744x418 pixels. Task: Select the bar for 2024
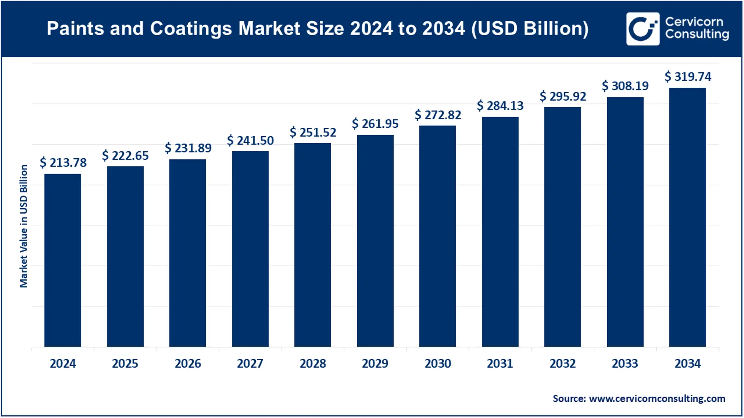(x=62, y=260)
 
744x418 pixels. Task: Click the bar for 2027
(x=250, y=249)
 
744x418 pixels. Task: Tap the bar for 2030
(x=437, y=236)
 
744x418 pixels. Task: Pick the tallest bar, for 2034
(x=687, y=217)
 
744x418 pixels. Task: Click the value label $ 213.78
(x=63, y=163)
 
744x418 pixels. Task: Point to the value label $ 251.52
(x=313, y=132)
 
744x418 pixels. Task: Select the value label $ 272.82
(x=438, y=115)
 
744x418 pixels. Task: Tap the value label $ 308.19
(x=625, y=86)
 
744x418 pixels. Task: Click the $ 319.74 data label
(x=688, y=77)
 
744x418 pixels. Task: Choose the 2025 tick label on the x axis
(x=125, y=364)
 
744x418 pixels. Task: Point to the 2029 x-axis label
(x=375, y=364)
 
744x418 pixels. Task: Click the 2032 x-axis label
(x=563, y=364)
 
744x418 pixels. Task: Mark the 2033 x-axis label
(x=625, y=364)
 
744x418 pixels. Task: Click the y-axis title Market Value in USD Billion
(x=24, y=226)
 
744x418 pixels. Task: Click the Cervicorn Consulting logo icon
(x=642, y=29)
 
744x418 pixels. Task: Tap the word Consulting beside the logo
(x=697, y=34)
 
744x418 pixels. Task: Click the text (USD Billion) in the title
(x=530, y=29)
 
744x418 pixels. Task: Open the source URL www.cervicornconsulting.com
(x=657, y=399)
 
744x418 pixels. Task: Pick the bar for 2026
(x=188, y=253)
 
